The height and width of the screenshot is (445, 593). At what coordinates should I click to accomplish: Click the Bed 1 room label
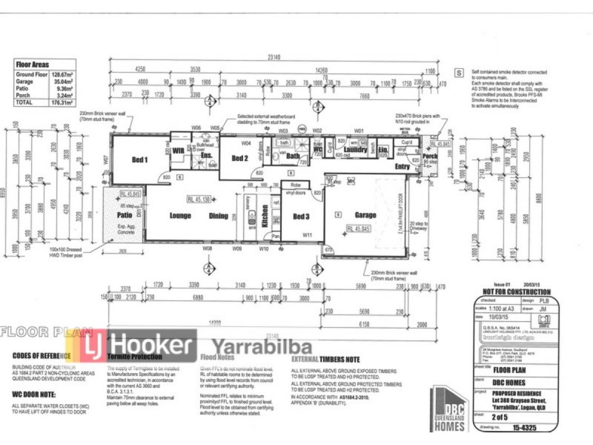tap(140, 159)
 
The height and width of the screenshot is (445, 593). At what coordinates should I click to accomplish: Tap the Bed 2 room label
tap(239, 158)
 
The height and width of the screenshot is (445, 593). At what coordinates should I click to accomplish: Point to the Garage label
tap(365, 214)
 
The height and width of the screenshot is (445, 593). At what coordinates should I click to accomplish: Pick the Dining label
tap(219, 216)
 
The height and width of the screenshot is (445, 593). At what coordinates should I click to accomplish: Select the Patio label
tap(123, 216)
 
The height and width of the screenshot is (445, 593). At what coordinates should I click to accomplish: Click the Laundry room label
tap(356, 150)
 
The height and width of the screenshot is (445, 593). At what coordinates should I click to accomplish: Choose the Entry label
tap(402, 168)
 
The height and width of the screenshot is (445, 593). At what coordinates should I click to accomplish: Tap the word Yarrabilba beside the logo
tap(262, 347)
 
